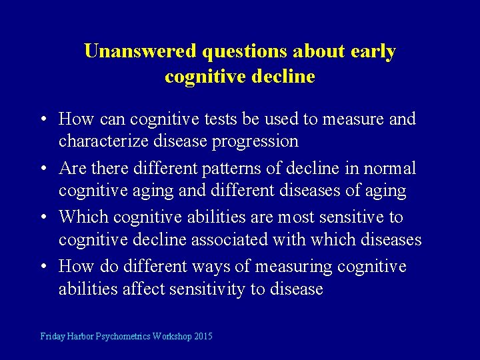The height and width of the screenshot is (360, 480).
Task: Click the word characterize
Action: pyautogui.click(x=103, y=141)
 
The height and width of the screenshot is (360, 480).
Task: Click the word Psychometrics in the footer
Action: pyautogui.click(x=123, y=337)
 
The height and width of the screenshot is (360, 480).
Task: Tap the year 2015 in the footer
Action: pyautogui.click(x=203, y=337)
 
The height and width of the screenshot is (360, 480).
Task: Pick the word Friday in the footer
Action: pyautogui.click(x=53, y=337)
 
